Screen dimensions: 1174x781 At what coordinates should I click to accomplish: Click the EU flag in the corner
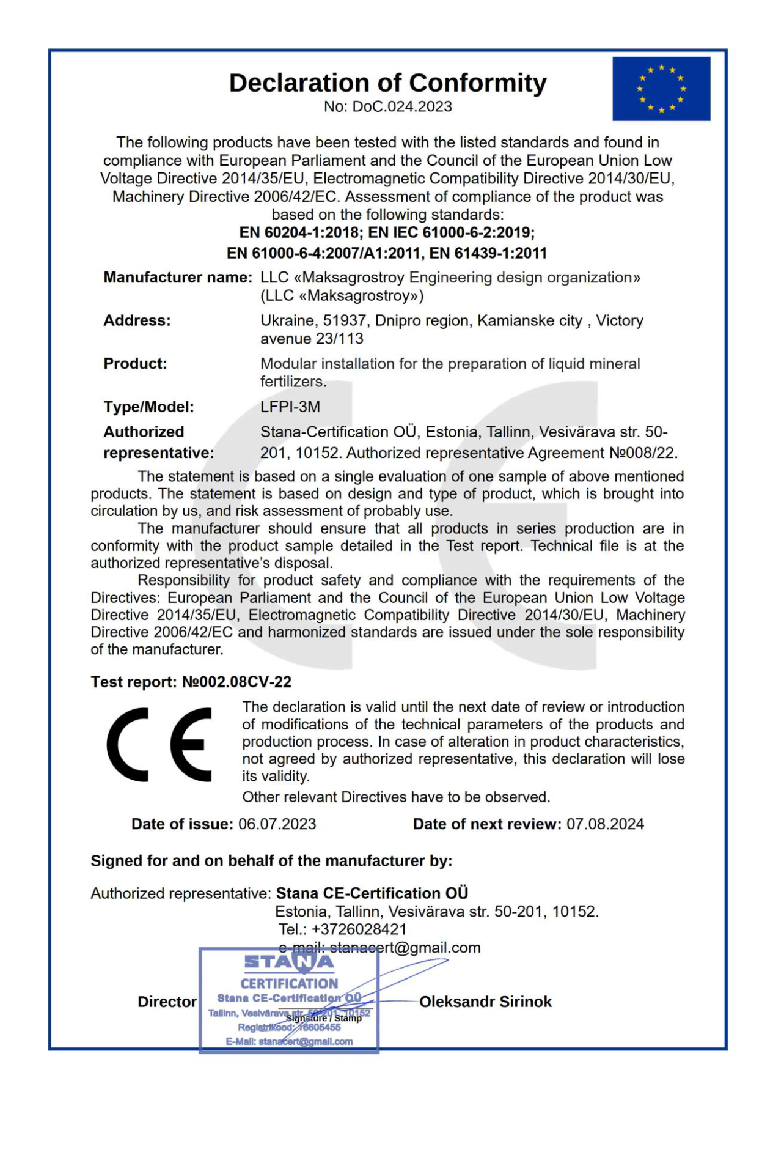click(x=661, y=89)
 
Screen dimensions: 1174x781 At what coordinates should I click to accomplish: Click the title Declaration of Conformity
click(x=387, y=83)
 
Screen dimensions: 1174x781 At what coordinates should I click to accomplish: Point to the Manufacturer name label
click(x=177, y=278)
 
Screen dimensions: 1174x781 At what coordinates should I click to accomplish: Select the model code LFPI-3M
click(x=290, y=407)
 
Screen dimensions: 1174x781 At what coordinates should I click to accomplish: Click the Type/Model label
click(x=148, y=407)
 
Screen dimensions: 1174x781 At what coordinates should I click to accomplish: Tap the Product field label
click(x=135, y=364)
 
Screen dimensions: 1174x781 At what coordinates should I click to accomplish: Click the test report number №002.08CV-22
click(x=237, y=682)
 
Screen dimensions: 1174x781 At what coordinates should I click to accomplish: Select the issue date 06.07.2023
click(x=277, y=824)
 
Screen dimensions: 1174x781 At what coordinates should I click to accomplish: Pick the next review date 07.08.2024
click(x=605, y=824)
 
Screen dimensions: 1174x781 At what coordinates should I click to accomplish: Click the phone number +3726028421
click(x=359, y=929)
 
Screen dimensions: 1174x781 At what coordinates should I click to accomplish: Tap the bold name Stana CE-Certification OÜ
click(x=372, y=893)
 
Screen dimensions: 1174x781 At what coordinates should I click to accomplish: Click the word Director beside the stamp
click(x=167, y=1002)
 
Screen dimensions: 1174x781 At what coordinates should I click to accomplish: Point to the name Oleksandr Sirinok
click(x=485, y=1002)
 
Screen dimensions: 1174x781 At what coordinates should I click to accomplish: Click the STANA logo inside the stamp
click(x=289, y=962)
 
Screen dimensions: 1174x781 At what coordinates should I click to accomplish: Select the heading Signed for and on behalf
click(x=271, y=861)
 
